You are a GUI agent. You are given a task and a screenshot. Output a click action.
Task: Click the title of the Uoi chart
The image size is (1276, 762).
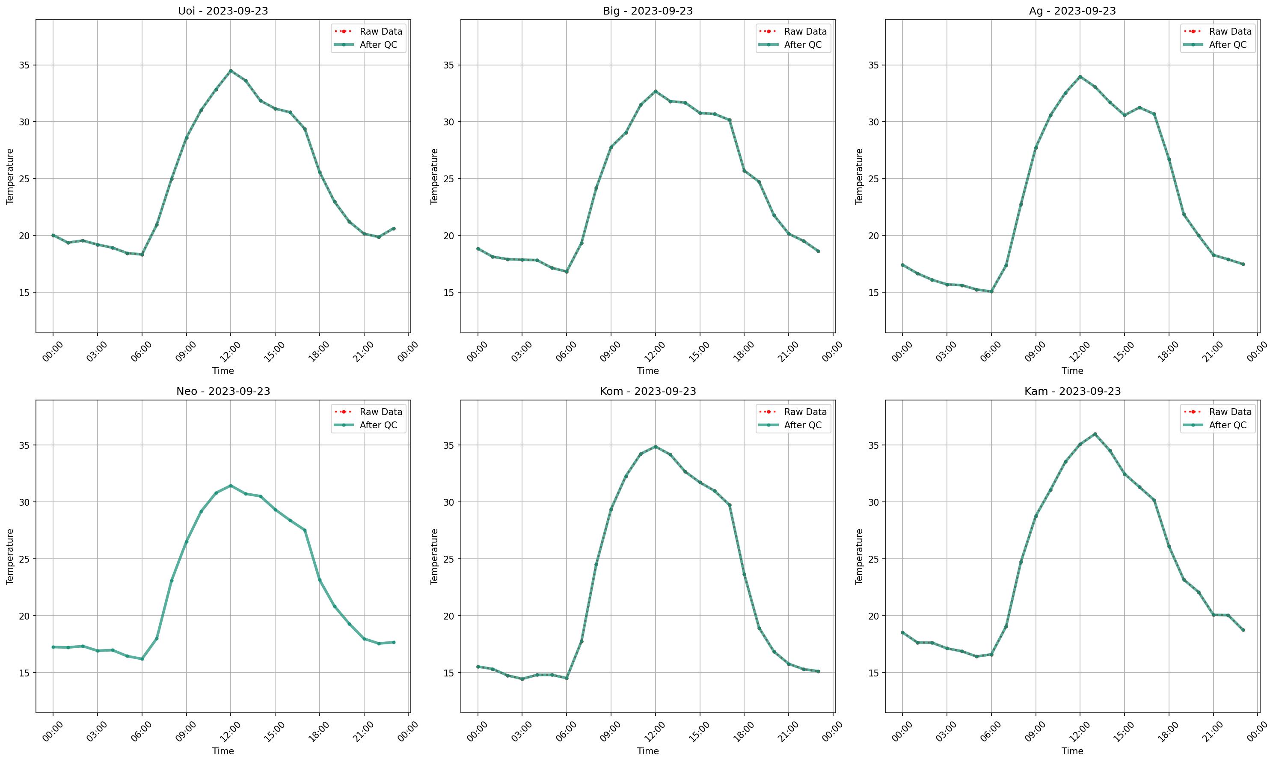click(223, 11)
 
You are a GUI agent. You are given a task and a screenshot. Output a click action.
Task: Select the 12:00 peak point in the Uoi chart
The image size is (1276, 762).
click(231, 71)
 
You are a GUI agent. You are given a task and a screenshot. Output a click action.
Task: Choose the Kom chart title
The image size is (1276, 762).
click(647, 391)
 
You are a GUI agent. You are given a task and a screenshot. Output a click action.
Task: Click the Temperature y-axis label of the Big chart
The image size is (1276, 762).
click(434, 176)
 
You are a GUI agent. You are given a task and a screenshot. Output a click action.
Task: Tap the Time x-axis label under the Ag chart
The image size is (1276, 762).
click(1072, 371)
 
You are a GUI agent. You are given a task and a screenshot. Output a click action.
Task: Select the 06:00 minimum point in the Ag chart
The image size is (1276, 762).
click(991, 292)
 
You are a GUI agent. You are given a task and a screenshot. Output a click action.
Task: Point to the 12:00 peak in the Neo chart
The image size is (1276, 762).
click(231, 485)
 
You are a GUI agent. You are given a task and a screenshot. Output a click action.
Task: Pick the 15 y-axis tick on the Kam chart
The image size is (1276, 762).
click(874, 673)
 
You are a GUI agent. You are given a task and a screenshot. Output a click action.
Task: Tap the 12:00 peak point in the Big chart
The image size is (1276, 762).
click(655, 92)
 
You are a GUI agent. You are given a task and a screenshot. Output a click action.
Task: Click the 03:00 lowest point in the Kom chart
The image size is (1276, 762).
click(522, 679)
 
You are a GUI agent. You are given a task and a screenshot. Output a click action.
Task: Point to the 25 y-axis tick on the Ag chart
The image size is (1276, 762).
click(874, 179)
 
